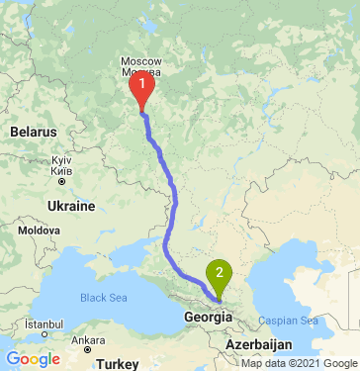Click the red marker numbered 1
142,91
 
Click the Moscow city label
145,61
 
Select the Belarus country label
34,132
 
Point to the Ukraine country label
69,208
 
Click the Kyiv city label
62,159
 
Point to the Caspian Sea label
288,322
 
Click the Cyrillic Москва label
145,72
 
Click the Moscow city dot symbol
144,82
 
